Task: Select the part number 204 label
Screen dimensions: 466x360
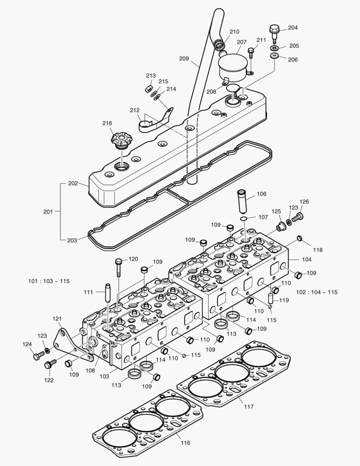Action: point(293,28)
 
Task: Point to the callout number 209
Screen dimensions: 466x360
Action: point(184,58)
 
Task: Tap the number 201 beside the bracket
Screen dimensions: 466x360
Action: point(49,211)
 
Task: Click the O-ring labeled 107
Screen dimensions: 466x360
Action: point(244,219)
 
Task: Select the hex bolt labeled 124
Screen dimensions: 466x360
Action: point(38,356)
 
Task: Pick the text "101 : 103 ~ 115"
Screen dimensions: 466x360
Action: point(49,281)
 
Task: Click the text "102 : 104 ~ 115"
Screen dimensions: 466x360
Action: point(317,292)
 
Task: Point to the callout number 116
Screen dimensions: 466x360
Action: point(185,443)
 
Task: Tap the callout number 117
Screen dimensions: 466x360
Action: point(249,406)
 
